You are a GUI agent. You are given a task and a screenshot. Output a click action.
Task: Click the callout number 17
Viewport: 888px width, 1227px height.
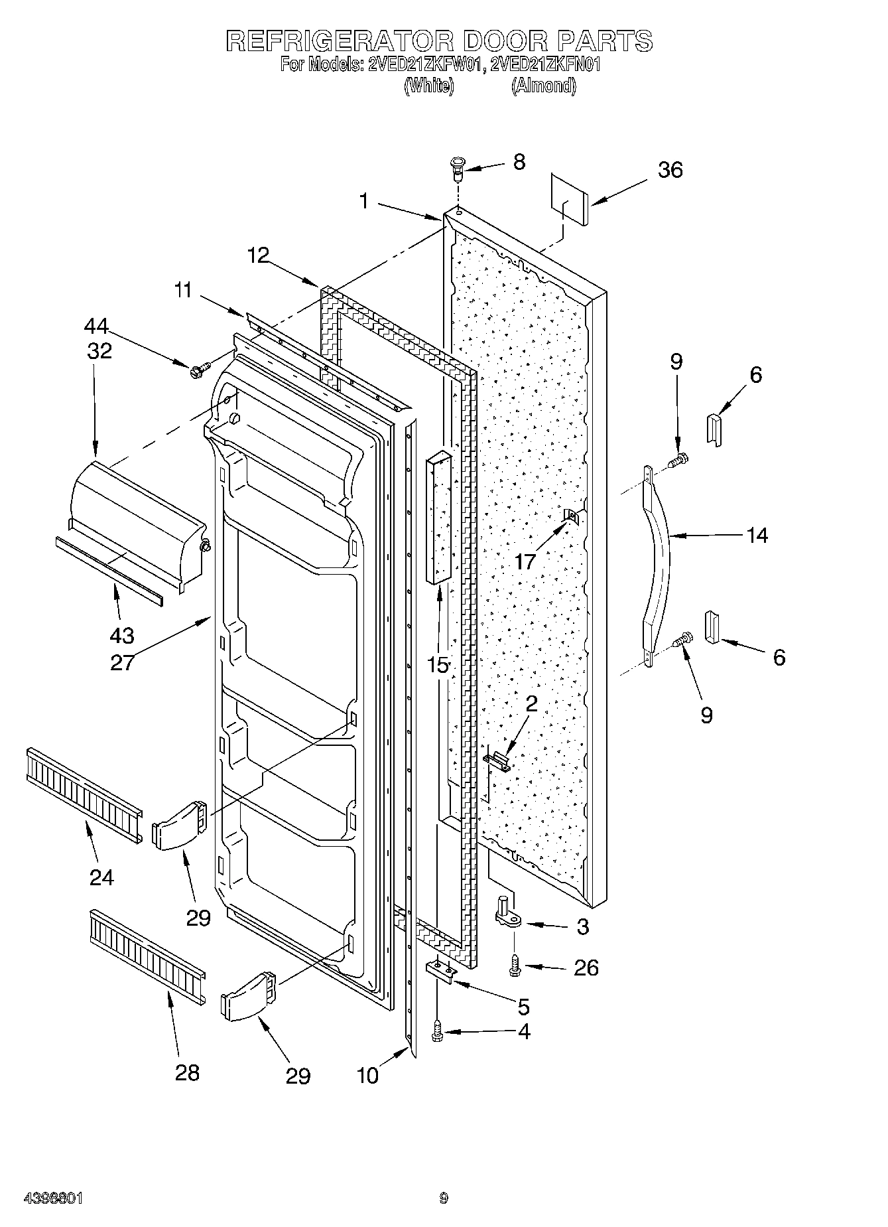pyautogui.click(x=525, y=562)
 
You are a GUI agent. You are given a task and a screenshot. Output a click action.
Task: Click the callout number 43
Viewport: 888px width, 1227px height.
pyautogui.click(x=122, y=635)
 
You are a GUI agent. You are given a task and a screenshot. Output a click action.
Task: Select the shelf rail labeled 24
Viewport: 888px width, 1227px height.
pyautogui.click(x=84, y=796)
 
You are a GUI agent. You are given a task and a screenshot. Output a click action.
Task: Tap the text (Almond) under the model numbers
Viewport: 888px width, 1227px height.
pyautogui.click(x=542, y=86)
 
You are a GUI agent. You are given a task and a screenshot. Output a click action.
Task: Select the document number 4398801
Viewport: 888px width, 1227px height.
pyautogui.click(x=53, y=1198)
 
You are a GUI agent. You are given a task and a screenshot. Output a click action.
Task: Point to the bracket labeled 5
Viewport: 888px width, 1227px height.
pyautogui.click(x=441, y=973)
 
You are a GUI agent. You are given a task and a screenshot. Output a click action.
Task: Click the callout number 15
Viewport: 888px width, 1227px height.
pyautogui.click(x=438, y=665)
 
